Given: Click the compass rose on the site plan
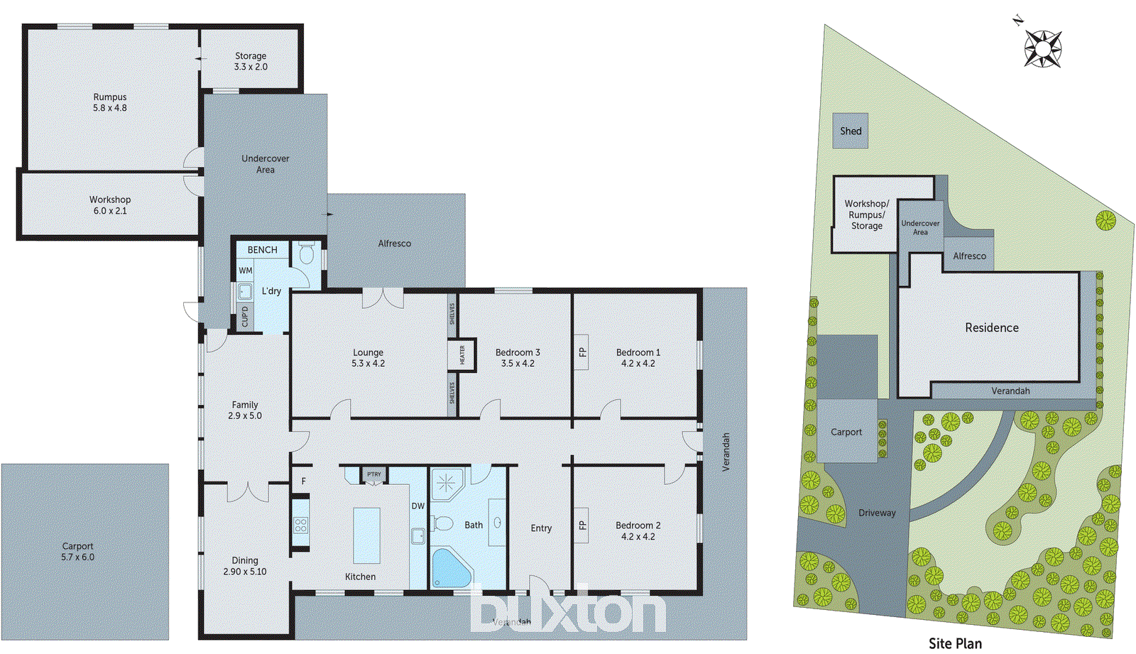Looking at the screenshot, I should pos(1042,48).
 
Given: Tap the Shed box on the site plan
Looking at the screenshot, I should pos(850,131).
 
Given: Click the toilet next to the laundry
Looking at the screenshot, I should pos(307,254).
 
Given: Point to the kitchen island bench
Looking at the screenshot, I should pos(366,535).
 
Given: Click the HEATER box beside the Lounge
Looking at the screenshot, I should pos(461,354).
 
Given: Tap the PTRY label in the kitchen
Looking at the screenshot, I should pos(374,474).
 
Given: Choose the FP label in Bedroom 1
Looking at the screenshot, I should pos(582,352).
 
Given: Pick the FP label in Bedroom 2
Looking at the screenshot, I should pos(582,525).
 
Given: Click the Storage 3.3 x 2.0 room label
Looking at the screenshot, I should pos(251,61).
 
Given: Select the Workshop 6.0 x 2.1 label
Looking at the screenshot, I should pos(110,205).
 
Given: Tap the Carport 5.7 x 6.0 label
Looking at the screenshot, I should pos(77,552).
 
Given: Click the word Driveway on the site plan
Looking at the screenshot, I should pos(877,513).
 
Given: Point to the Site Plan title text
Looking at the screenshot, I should pos(955,643).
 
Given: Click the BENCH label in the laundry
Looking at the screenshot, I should pos(262,250).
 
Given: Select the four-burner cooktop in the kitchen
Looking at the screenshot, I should pos(301,525).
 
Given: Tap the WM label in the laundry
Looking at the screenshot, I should pos(246,271).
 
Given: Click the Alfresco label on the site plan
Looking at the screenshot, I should pos(969,256).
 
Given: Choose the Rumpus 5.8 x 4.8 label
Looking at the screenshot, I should pos(110,102).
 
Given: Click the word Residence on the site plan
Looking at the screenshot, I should pos(991,327).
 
